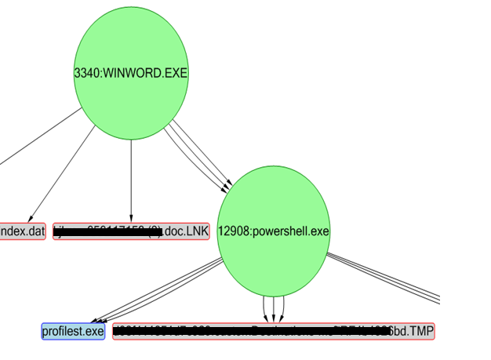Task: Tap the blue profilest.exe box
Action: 73,331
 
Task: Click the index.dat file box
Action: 23,231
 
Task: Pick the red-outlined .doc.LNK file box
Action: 131,231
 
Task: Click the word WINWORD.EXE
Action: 145,73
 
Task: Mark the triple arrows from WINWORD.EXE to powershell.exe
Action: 199,156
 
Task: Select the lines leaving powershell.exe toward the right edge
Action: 384,278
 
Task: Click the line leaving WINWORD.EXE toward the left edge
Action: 39,136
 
